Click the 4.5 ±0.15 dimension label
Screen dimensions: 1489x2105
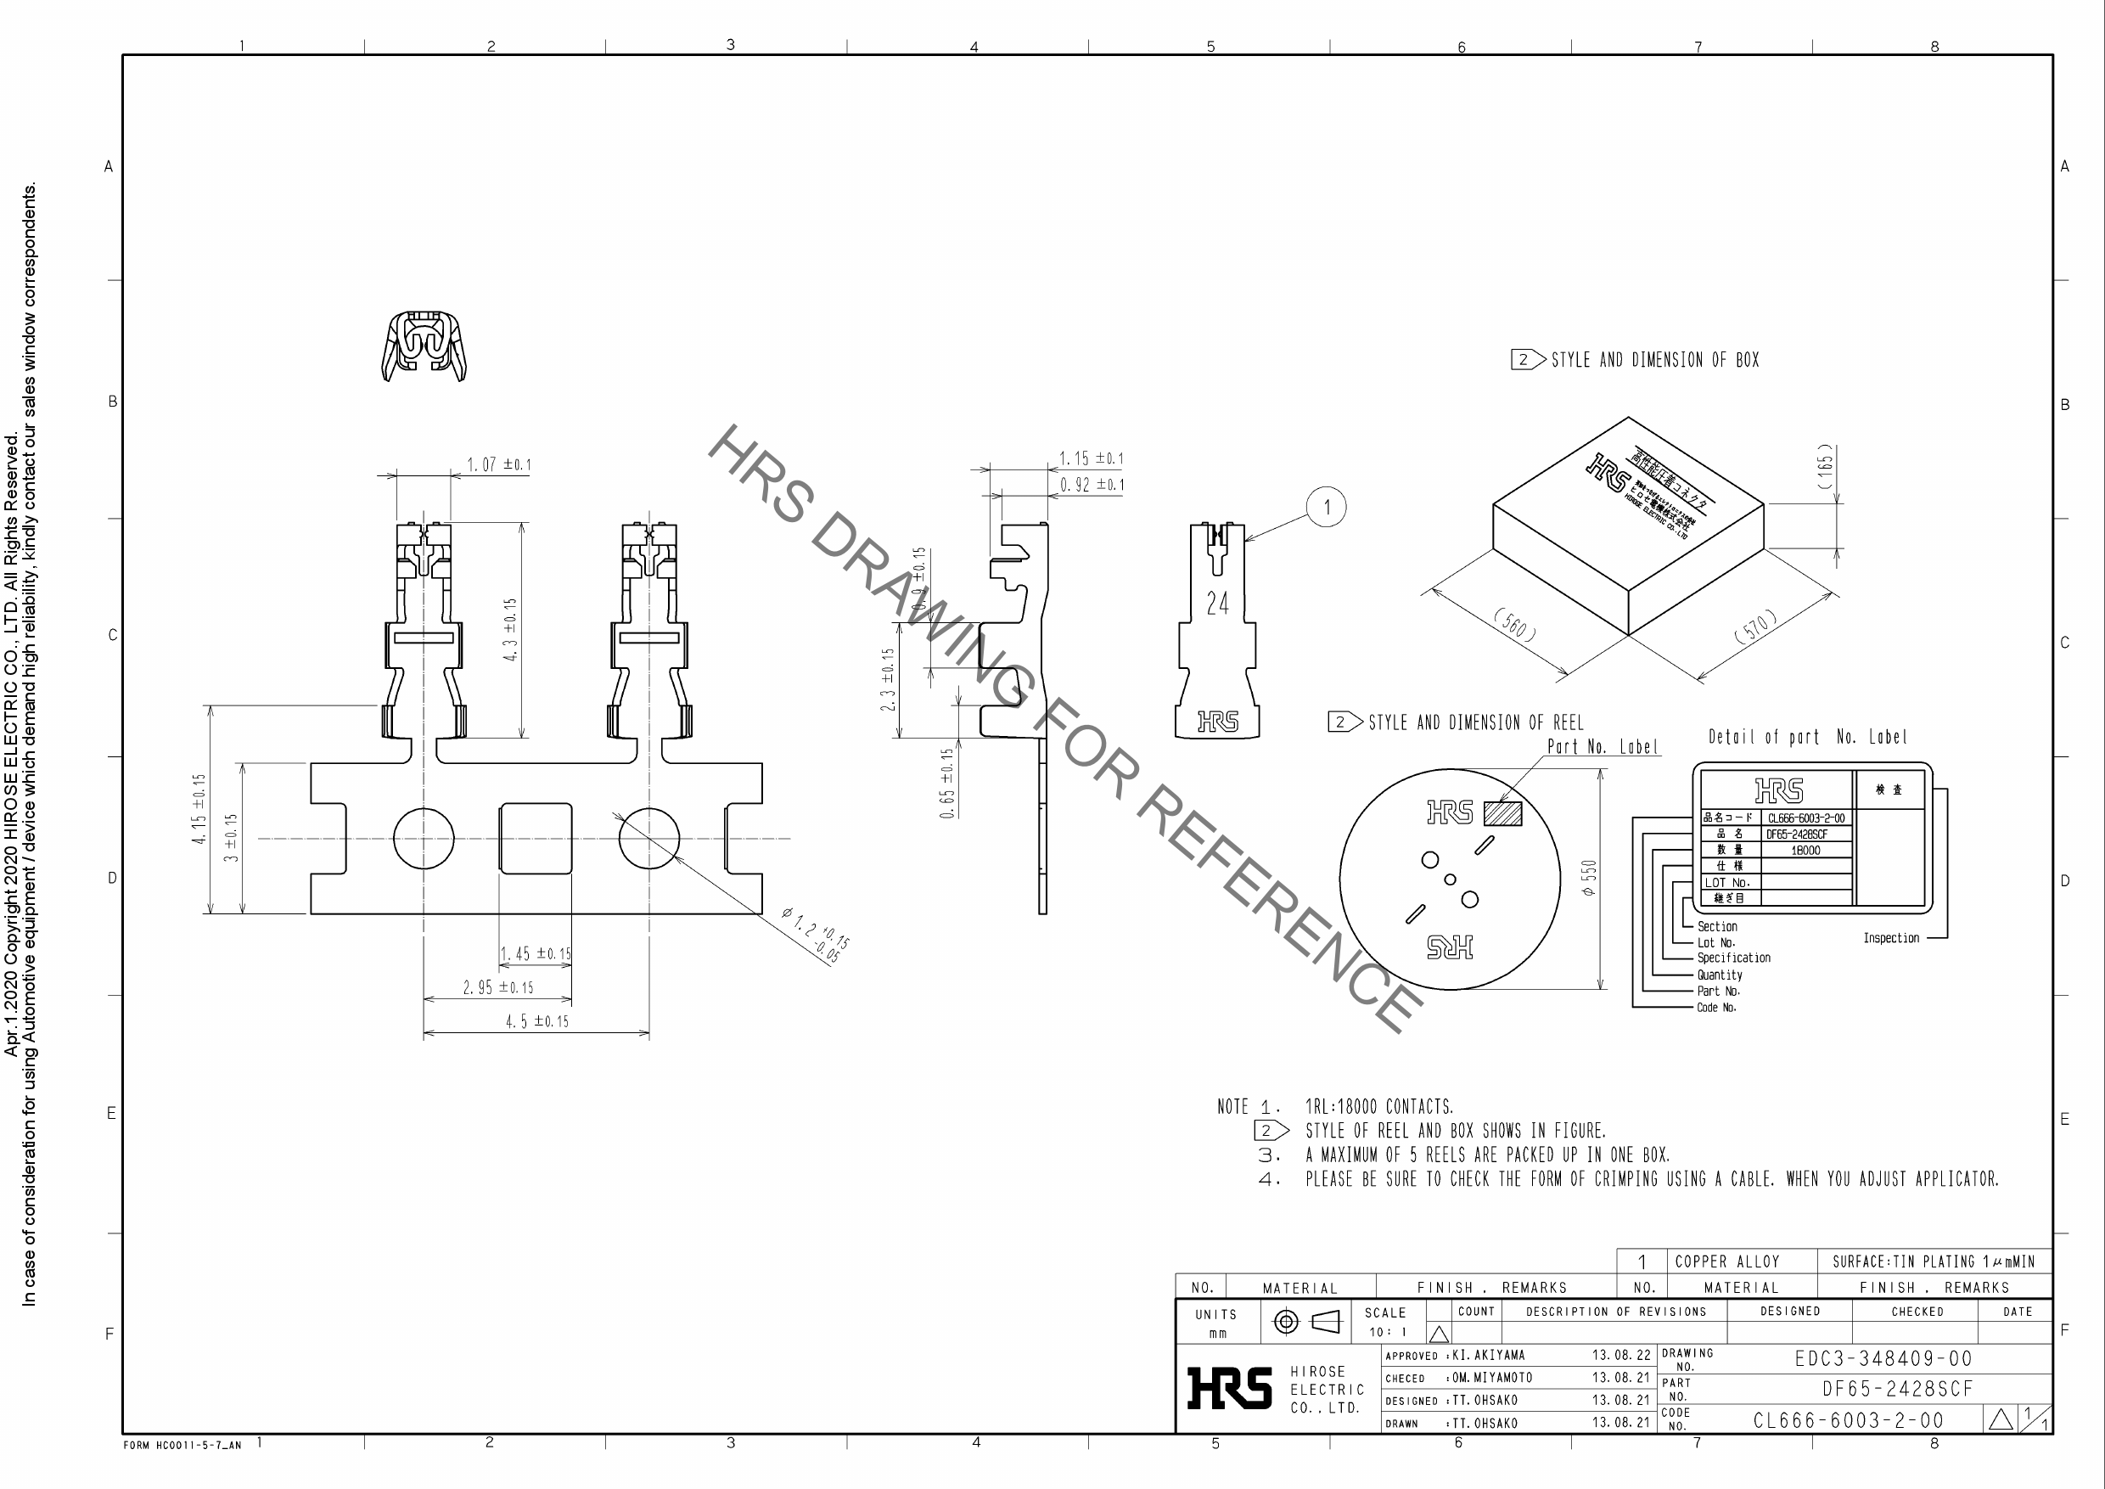click(537, 1021)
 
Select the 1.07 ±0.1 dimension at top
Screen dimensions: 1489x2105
click(499, 465)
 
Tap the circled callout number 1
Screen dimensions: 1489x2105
click(1326, 507)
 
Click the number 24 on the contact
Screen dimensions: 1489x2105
click(1217, 604)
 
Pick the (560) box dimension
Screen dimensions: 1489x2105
click(1515, 626)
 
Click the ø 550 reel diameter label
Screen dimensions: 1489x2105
click(1590, 878)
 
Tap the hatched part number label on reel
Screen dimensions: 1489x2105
click(1502, 814)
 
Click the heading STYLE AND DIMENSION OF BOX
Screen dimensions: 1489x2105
click(1654, 360)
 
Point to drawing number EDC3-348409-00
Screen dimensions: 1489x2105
click(1883, 1359)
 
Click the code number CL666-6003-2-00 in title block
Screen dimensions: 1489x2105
click(1849, 1420)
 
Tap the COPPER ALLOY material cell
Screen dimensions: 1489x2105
click(1727, 1261)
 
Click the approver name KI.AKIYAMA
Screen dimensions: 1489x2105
click(1489, 1355)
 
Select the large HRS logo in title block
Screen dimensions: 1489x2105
click(1229, 1388)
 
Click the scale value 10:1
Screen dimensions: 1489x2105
click(1387, 1332)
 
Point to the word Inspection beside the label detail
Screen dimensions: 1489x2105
click(1890, 938)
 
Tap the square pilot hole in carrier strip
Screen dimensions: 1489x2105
click(536, 838)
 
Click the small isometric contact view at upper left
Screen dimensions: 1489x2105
click(424, 346)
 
